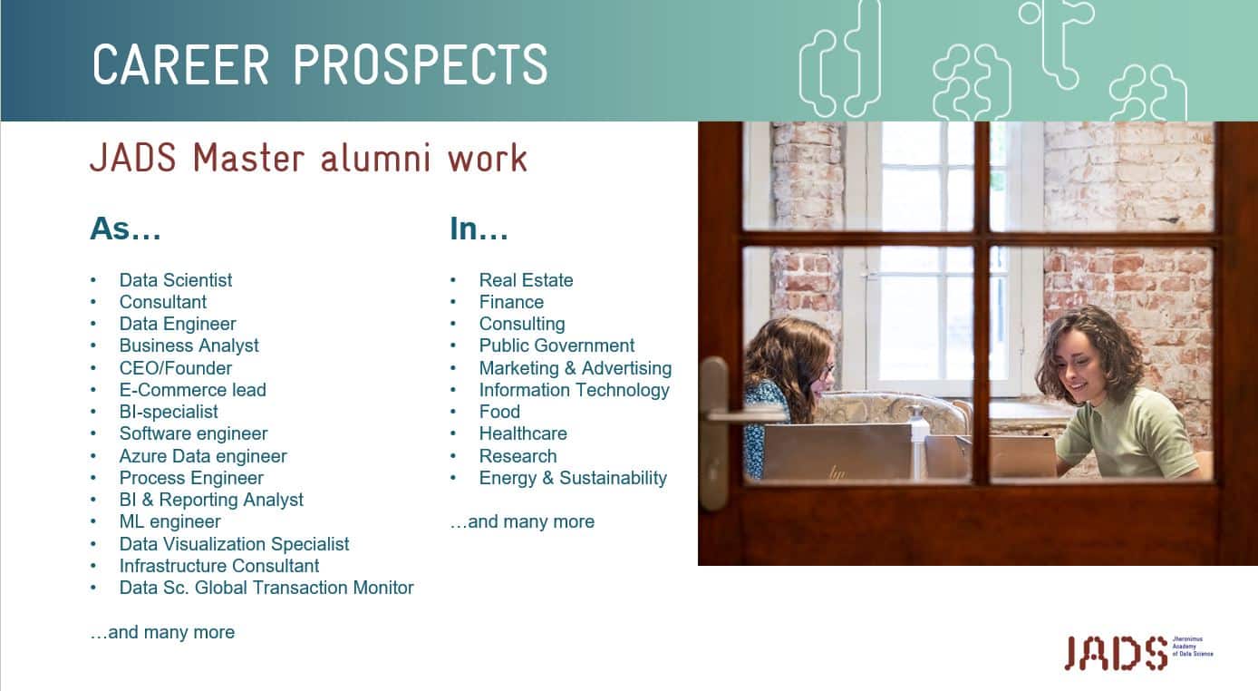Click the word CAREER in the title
tap(181, 64)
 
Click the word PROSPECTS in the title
tap(420, 64)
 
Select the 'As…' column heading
tap(125, 229)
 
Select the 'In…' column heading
tap(479, 229)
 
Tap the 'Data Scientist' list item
tap(175, 280)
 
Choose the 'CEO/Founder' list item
tap(175, 368)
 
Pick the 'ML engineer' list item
tap(169, 521)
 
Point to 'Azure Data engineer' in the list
tap(203, 455)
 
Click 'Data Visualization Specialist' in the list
tap(234, 544)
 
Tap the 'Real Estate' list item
tap(526, 280)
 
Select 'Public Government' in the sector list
tap(556, 345)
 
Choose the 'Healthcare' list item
tap(523, 433)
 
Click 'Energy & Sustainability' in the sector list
tap(573, 478)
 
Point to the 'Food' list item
tap(499, 412)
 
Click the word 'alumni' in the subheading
tap(376, 158)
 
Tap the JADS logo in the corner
tap(1138, 653)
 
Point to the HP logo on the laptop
tap(837, 473)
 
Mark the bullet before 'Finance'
tap(453, 302)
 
